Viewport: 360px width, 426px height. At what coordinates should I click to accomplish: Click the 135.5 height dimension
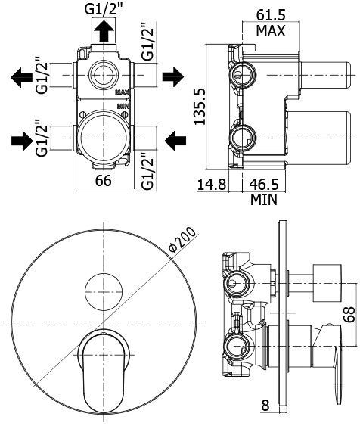coord(200,106)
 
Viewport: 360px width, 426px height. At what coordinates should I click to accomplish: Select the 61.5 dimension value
coord(271,15)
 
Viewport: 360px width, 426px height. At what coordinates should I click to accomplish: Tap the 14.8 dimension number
coord(212,185)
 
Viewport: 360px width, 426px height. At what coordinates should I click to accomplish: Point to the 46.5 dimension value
coord(264,185)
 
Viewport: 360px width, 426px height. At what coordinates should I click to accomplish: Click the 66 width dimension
coord(103,180)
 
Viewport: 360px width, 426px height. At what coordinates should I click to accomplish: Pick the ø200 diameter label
coord(182,240)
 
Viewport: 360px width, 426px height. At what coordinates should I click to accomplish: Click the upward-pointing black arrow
coord(104,31)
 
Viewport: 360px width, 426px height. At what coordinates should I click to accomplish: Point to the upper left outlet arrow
coord(22,77)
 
